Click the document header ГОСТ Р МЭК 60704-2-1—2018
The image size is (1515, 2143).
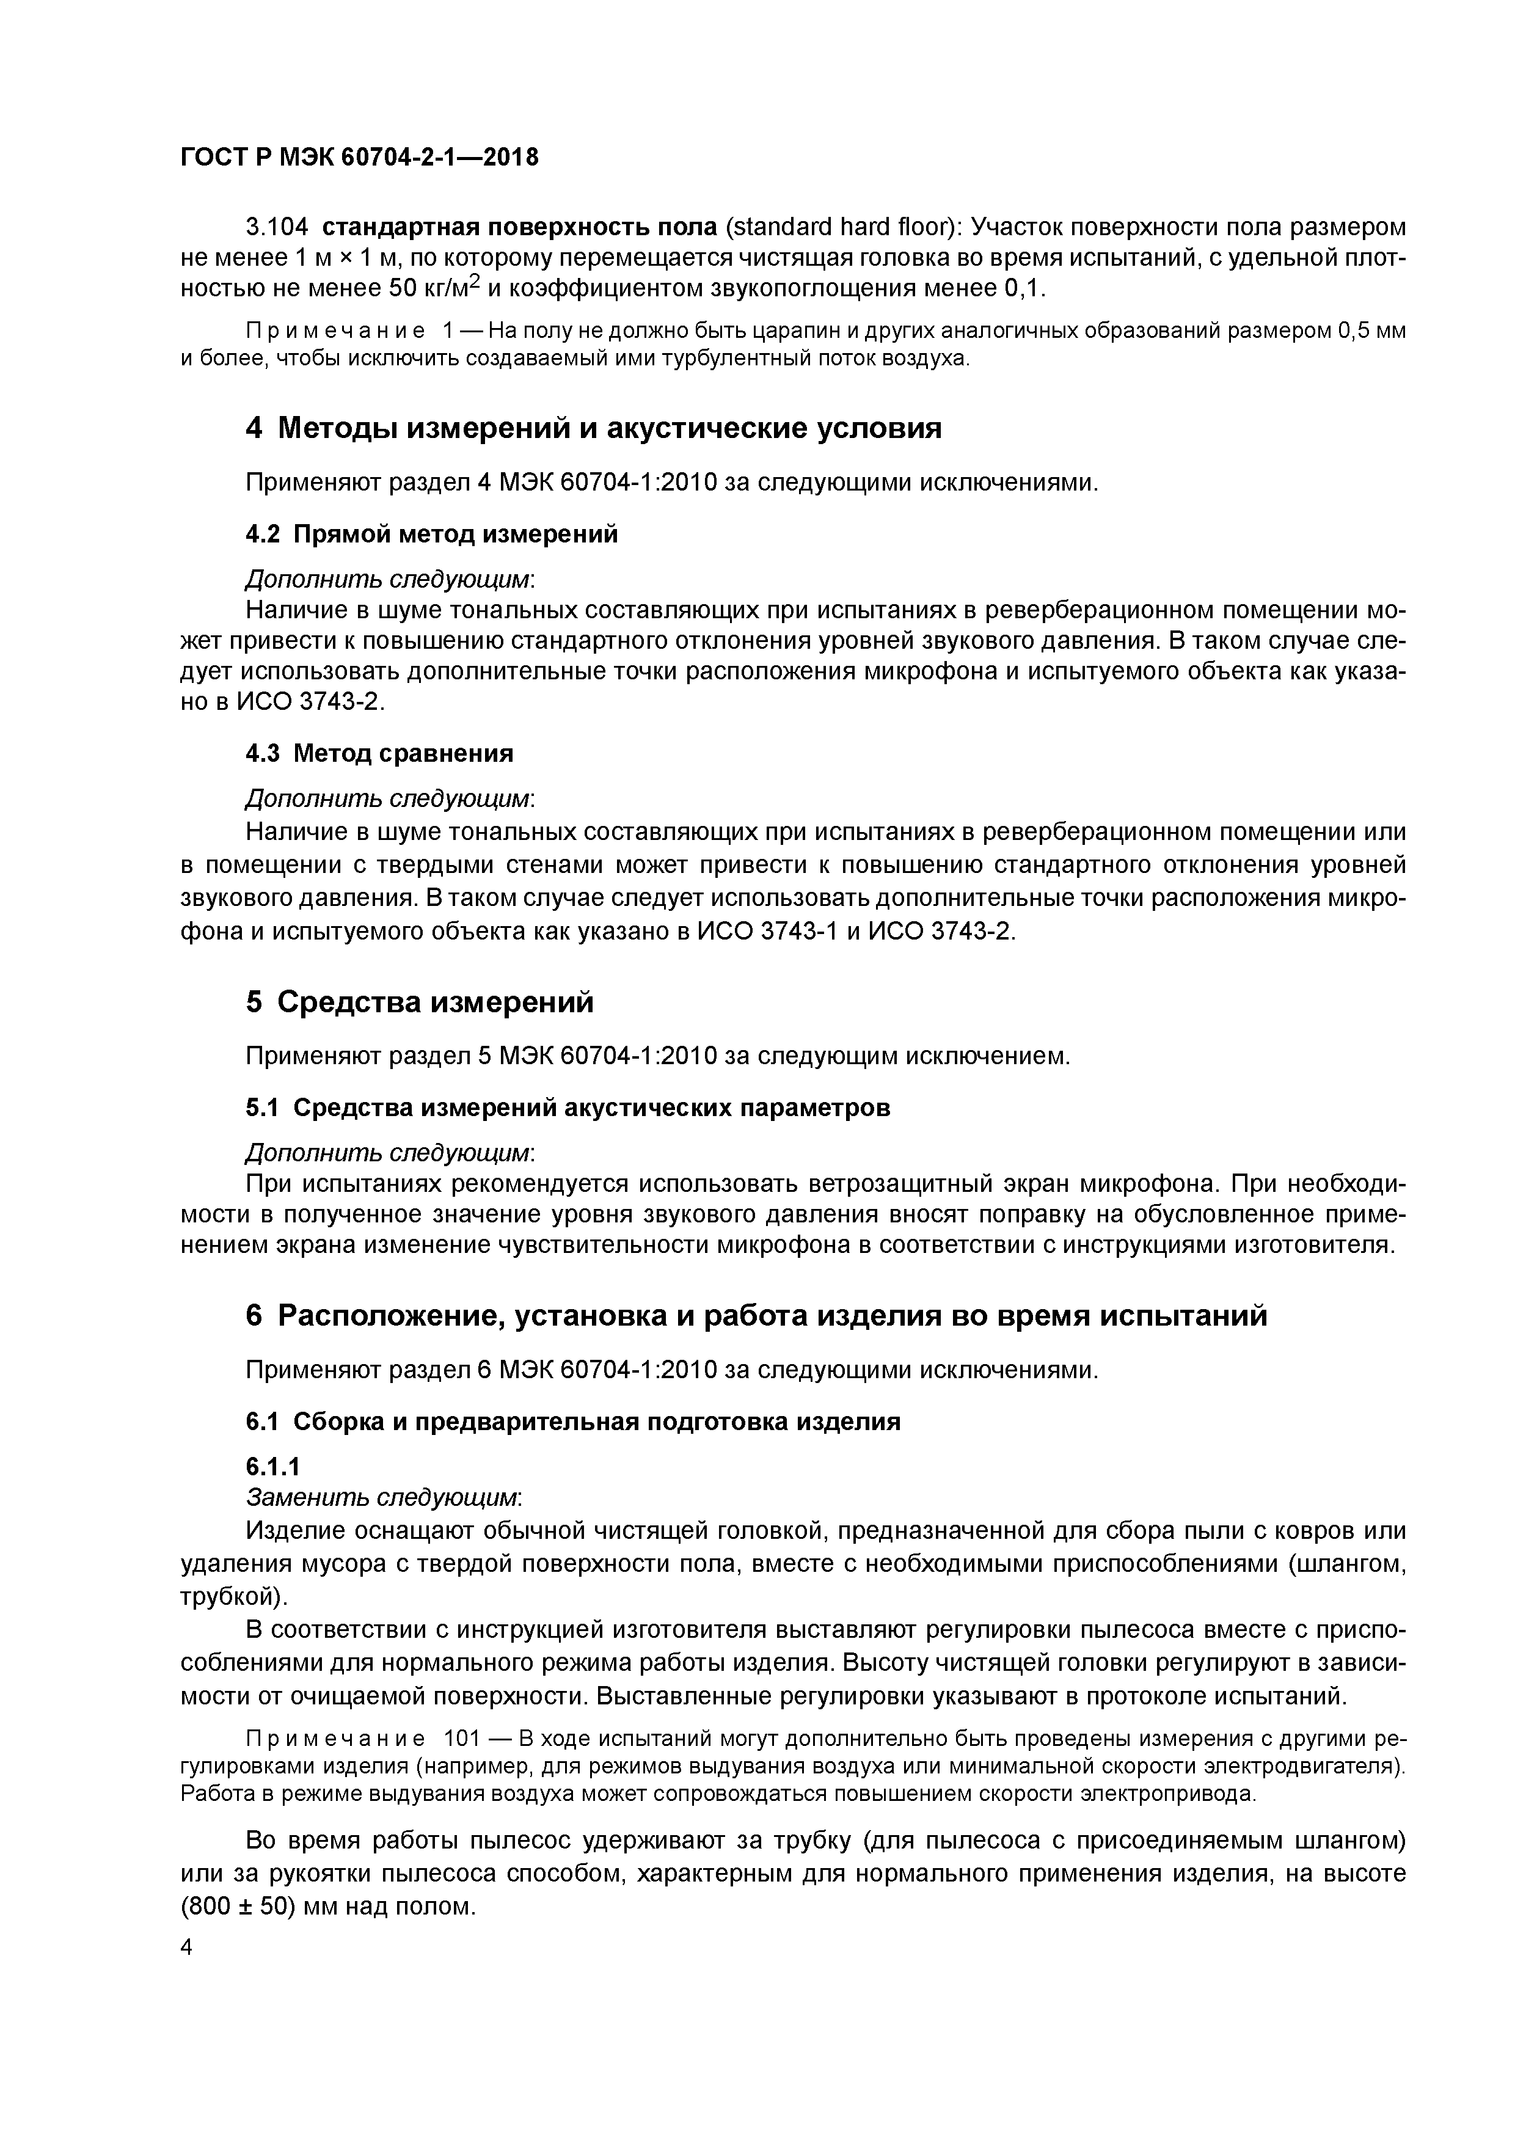pos(359,157)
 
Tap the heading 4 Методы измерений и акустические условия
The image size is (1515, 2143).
pos(594,428)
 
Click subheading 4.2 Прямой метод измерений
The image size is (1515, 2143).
pos(431,534)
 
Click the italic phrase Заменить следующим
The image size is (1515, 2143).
pos(382,1497)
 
